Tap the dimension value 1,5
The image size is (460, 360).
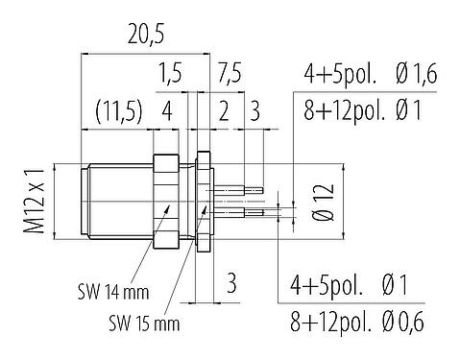(x=172, y=74)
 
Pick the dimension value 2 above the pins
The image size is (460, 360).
(x=223, y=110)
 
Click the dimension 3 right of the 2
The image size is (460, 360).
(x=254, y=110)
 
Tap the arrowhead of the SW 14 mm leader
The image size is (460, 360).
(x=170, y=205)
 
